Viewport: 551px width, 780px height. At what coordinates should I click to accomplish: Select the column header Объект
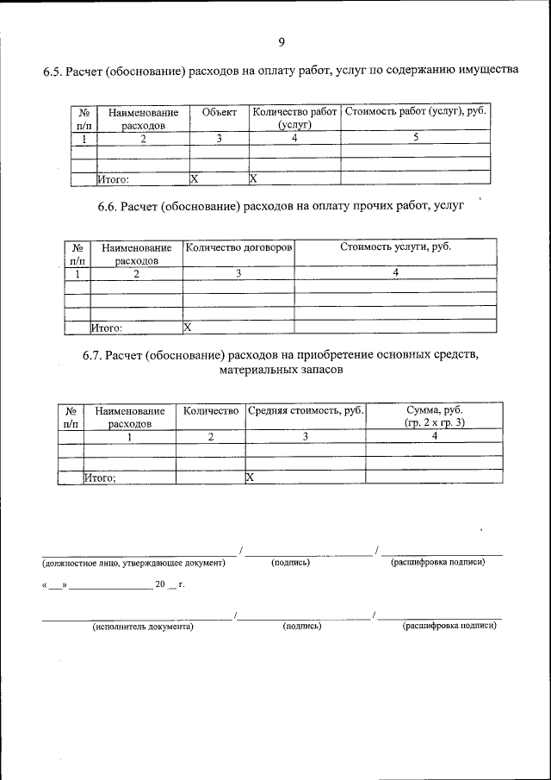(219, 113)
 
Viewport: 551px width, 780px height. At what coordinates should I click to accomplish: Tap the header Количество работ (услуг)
(294, 119)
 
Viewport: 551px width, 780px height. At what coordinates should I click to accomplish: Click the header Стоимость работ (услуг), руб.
(417, 113)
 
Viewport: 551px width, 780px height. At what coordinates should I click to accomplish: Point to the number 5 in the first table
(416, 138)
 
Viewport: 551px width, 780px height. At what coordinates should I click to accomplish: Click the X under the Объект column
(194, 179)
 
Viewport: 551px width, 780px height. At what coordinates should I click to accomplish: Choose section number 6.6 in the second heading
(108, 207)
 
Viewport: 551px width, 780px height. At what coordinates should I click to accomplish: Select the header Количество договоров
(238, 247)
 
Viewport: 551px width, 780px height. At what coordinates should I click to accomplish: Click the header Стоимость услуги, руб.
(395, 247)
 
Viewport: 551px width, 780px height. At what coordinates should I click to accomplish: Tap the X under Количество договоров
(187, 328)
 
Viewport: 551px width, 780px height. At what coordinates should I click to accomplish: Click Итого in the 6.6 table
(108, 328)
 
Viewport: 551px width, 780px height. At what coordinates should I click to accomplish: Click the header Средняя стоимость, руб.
(306, 411)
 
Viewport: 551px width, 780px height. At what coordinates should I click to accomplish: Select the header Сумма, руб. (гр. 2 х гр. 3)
(434, 417)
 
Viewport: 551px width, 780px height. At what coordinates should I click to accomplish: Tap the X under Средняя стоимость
(250, 477)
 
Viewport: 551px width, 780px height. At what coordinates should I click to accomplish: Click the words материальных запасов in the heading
(281, 371)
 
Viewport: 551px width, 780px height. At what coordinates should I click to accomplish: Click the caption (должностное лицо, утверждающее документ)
(133, 563)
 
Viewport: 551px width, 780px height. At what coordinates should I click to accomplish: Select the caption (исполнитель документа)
(143, 627)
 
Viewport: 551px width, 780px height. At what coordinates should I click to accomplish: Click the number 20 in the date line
(159, 584)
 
